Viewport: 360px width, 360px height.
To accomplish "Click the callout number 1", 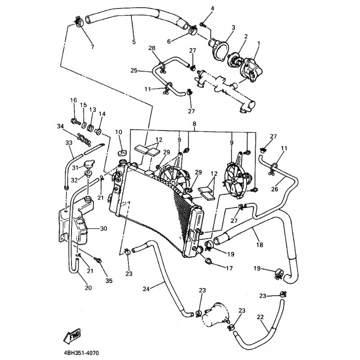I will [x=258, y=44].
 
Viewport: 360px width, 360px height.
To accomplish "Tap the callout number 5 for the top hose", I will [x=134, y=42].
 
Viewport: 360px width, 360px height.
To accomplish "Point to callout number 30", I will [x=103, y=229].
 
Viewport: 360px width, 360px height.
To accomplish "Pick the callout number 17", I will [x=229, y=269].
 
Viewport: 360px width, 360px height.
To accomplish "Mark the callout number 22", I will [x=260, y=317].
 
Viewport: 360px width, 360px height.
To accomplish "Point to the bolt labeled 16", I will [x=75, y=121].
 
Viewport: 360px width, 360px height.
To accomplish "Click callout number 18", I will [x=259, y=245].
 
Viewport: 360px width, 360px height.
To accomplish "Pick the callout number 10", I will [x=118, y=131].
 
